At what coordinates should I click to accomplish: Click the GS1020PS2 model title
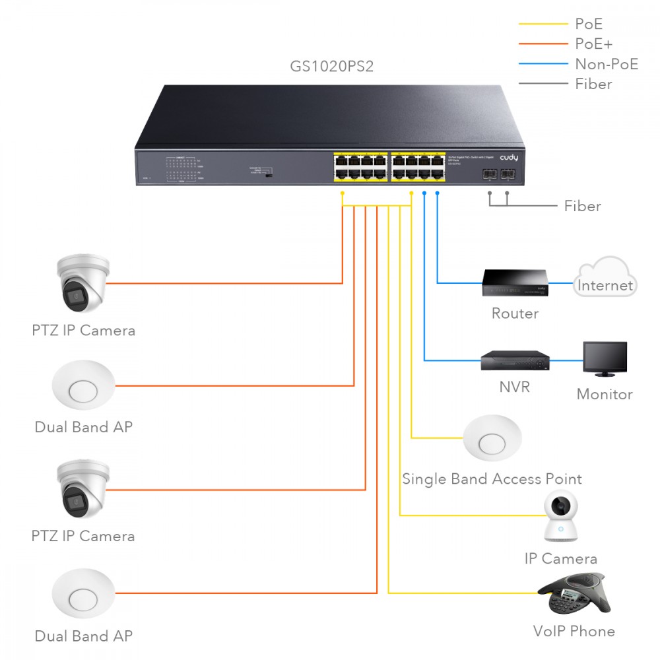coord(332,67)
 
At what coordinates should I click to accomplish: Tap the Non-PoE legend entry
coord(607,64)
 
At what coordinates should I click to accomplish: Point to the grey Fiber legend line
coord(543,84)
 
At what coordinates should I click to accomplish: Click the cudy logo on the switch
coord(509,158)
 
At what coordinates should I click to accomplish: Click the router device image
coord(515,284)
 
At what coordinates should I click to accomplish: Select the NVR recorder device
coord(515,360)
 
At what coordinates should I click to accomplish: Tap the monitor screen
coord(605,358)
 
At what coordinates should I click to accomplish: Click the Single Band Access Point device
coord(492,438)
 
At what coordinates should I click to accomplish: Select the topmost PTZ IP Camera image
coord(82,284)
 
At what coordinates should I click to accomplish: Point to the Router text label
coord(515,313)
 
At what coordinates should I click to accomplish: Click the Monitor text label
coord(605,395)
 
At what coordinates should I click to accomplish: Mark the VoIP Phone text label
coord(574,632)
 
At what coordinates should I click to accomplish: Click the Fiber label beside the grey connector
coord(582,207)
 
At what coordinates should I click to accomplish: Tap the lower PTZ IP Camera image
coord(82,490)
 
